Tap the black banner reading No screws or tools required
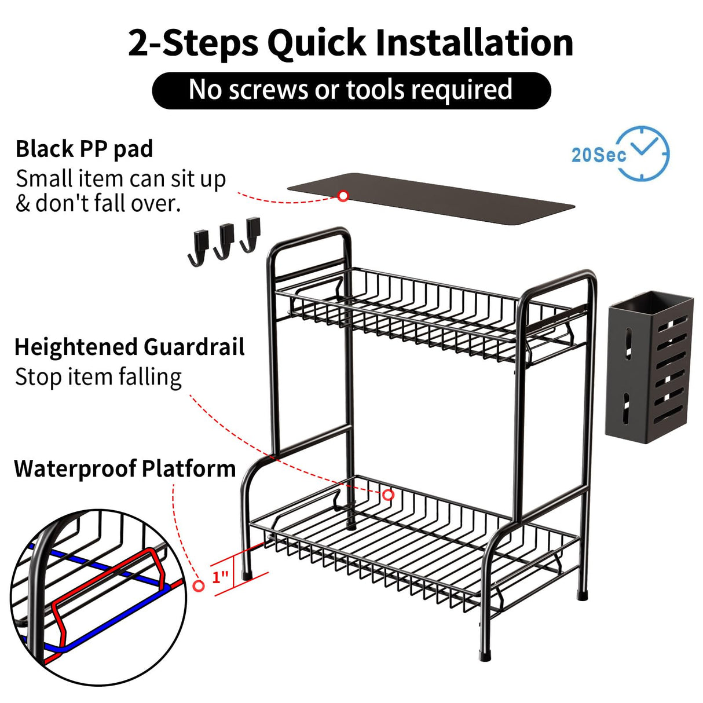tap(351, 90)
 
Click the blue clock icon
tap(643, 153)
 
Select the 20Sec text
tap(598, 155)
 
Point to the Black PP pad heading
tap(85, 149)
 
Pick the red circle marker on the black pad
tap(343, 196)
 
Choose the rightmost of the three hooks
tap(251, 235)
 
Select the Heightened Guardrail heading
tap(129, 347)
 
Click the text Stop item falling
tap(98, 377)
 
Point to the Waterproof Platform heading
tap(125, 468)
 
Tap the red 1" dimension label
tap(220, 577)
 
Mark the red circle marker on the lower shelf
tap(388, 495)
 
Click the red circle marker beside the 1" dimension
tap(199, 586)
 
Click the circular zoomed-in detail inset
tap(98, 596)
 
